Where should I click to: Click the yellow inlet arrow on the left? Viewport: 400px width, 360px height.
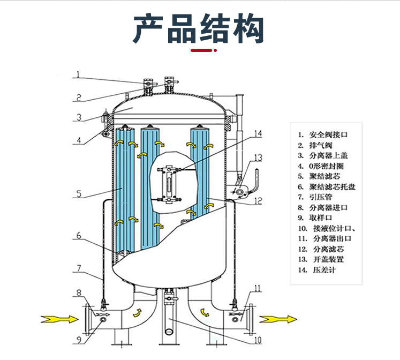[x=58, y=319]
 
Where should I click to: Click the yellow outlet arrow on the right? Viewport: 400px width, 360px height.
[x=278, y=319]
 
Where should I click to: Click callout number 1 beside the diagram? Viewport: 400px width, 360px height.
[x=78, y=74]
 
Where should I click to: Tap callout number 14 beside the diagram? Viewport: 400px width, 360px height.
[x=258, y=133]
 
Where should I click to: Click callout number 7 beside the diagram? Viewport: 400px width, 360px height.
[x=78, y=267]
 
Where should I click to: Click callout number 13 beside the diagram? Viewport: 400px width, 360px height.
[x=258, y=157]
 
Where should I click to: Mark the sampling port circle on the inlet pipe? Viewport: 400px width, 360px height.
[x=102, y=319]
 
